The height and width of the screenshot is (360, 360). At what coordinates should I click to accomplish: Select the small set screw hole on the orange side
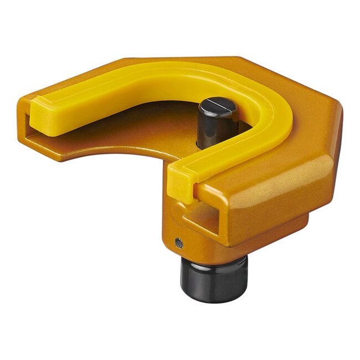tap(178, 241)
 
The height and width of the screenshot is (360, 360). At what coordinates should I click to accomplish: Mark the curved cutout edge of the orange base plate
tap(111, 152)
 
